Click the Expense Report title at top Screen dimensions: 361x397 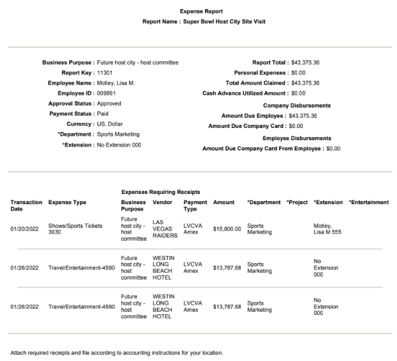click(199, 12)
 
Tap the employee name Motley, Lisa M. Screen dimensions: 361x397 click(117, 83)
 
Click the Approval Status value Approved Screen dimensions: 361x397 click(109, 103)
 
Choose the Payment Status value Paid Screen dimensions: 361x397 click(102, 114)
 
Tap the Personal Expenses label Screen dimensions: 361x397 click(259, 72)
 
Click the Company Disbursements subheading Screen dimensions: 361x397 click(296, 105)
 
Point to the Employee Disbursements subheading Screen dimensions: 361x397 click(296, 138)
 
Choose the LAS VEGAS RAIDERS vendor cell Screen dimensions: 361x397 click(165, 229)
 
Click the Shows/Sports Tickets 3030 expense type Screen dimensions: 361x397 click(75, 229)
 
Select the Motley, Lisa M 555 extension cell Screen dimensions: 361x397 click(328, 229)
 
